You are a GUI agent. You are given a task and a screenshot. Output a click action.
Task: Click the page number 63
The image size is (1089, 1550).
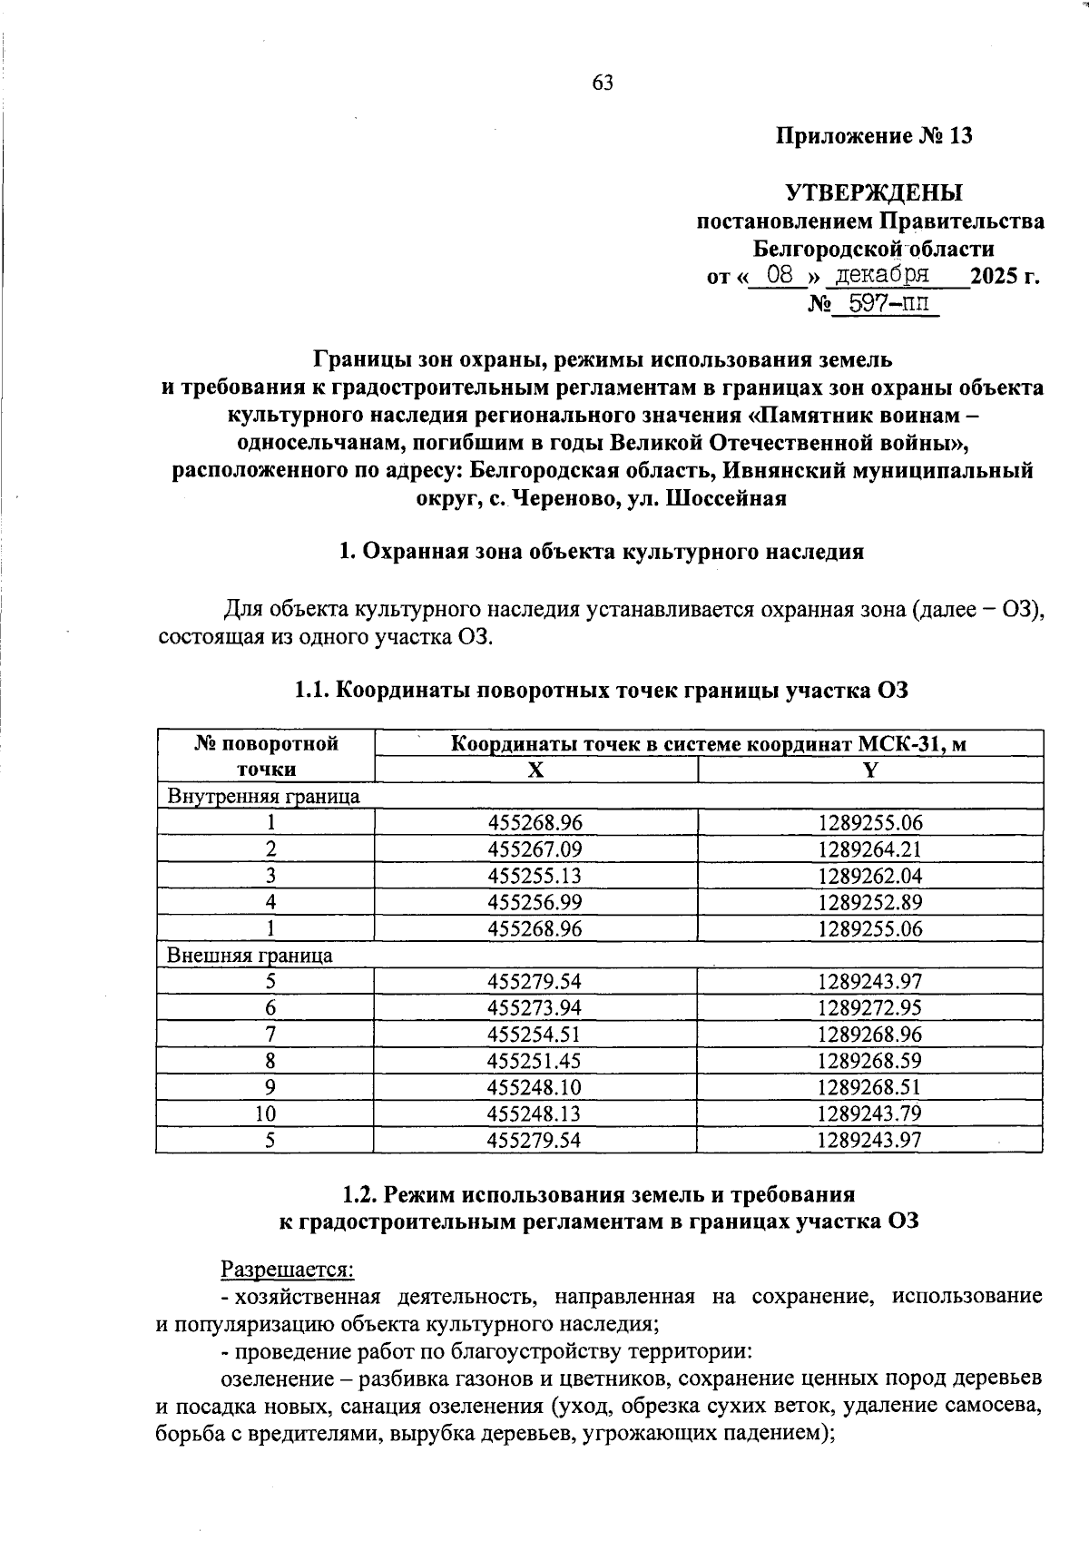[603, 83]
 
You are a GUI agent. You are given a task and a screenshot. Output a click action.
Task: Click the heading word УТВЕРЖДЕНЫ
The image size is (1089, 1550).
[873, 192]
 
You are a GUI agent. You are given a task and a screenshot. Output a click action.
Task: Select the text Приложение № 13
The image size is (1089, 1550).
[874, 137]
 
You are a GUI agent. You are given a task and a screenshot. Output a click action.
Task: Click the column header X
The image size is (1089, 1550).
[535, 770]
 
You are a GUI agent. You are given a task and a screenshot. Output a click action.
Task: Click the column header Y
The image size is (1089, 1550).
[869, 770]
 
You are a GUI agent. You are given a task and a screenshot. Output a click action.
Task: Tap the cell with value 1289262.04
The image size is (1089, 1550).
[869, 876]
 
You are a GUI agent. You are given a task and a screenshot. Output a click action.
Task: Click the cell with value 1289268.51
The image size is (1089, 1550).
[869, 1087]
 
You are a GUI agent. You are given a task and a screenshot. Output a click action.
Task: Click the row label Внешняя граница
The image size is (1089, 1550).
[249, 956]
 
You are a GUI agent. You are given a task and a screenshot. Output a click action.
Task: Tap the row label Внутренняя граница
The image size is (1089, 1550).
[262, 797]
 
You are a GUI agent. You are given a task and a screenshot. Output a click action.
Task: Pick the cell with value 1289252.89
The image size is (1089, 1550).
[869, 902]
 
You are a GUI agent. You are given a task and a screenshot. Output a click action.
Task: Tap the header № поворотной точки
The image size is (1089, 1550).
[266, 757]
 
